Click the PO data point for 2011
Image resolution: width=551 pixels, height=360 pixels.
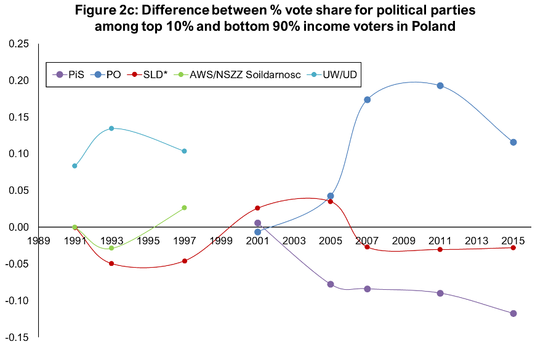440,86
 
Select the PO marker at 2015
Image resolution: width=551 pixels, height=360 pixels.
513,142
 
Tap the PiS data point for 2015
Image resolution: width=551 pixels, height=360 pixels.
513,313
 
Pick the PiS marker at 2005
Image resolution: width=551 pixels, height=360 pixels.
331,284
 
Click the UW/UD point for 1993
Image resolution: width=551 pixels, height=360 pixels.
111,128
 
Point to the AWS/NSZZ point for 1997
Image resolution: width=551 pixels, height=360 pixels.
184,207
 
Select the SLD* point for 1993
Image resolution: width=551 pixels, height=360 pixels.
111,263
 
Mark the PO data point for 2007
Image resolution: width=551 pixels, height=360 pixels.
367,100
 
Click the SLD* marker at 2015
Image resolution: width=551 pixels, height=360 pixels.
513,247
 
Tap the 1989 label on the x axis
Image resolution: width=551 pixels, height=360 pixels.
38,240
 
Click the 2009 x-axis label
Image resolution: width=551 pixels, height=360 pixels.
404,240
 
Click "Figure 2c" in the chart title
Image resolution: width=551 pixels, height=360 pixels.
107,10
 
